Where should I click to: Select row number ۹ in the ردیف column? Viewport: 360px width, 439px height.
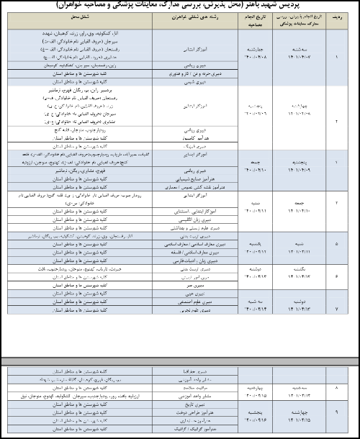[x=336, y=413]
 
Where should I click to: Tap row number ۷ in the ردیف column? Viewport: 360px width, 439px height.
[x=336, y=308]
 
